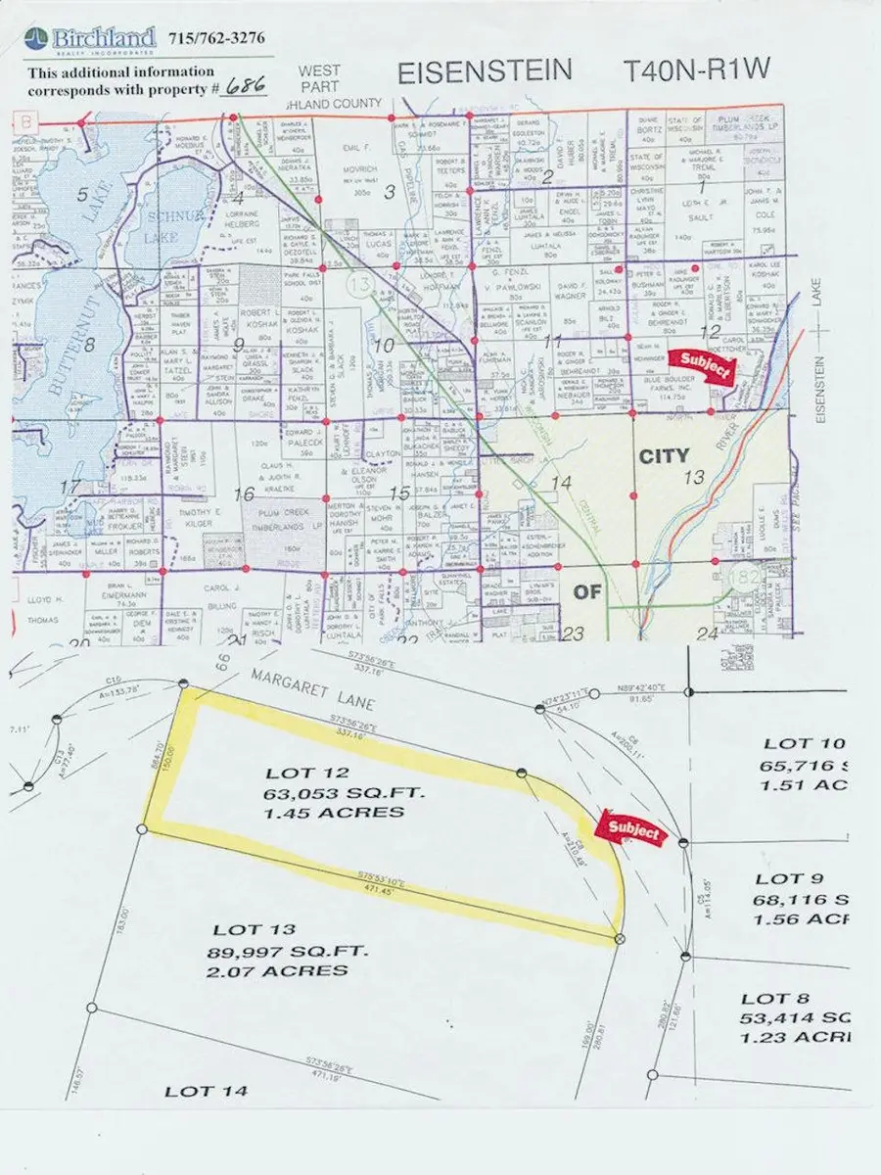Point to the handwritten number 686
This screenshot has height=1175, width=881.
tap(247, 86)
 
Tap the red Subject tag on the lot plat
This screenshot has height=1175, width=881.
tap(632, 831)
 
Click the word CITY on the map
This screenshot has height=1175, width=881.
tap(664, 455)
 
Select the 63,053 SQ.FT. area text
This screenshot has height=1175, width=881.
tap(334, 793)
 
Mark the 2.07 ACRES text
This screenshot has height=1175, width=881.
tap(277, 970)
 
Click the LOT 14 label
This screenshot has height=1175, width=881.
tap(206, 1090)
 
